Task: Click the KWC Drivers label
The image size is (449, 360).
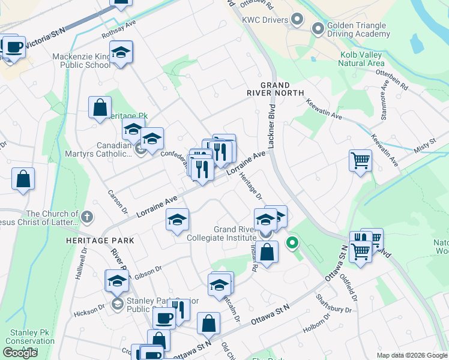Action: [265, 20]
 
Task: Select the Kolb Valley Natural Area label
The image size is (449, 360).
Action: [361, 59]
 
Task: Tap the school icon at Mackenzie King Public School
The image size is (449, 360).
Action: [121, 53]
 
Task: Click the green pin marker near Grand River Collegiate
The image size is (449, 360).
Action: [292, 243]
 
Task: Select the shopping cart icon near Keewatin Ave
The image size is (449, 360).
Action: [360, 160]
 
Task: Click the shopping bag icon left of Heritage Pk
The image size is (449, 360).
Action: [100, 108]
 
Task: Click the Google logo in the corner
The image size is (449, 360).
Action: [20, 353]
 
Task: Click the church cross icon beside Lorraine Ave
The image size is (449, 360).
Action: [87, 216]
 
